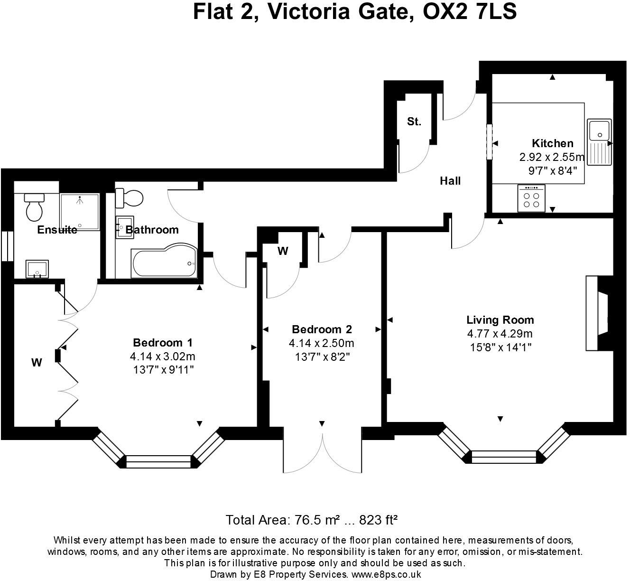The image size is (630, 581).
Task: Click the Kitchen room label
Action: click(552, 143)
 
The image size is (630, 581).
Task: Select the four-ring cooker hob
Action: click(531, 198)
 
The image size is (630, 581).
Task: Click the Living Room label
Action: click(500, 320)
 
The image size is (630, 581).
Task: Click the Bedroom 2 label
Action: click(322, 329)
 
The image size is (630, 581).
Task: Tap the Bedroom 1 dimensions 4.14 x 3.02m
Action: click(163, 356)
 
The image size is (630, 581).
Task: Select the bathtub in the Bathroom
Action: click(164, 261)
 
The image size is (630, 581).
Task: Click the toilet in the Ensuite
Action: click(34, 206)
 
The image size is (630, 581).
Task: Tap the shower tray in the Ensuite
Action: click(80, 212)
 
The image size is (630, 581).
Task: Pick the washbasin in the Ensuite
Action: click(37, 269)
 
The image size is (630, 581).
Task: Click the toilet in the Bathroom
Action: click(129, 198)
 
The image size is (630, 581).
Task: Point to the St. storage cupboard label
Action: click(414, 122)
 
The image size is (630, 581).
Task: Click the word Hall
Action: click(450, 181)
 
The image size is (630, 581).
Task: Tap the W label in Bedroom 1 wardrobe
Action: click(37, 363)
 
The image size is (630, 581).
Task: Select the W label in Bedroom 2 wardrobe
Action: click(283, 251)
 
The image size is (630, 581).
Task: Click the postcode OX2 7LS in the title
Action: click(470, 12)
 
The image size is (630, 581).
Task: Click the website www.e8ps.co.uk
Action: click(386, 574)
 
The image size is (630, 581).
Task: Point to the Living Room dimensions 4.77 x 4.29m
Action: click(500, 333)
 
